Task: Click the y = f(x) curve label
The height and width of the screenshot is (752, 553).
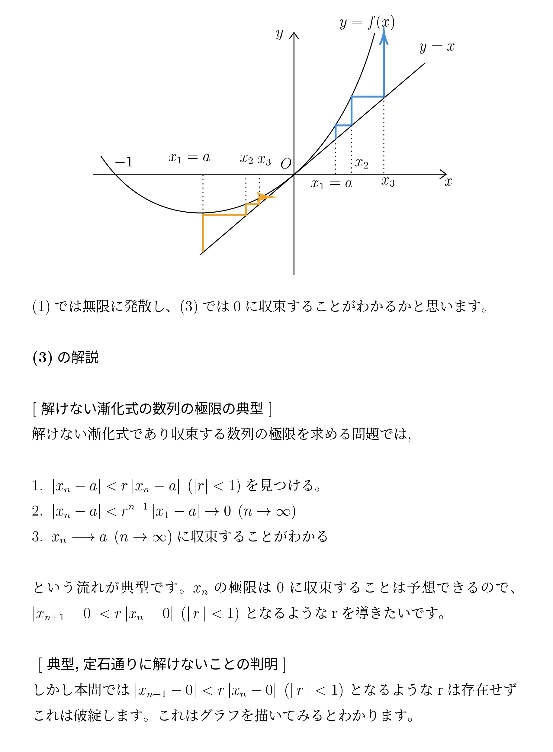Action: (x=367, y=23)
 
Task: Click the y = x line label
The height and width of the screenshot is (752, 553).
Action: (x=437, y=47)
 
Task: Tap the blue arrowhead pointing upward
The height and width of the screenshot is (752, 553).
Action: (x=384, y=36)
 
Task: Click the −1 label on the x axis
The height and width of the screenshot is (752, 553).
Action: (x=124, y=162)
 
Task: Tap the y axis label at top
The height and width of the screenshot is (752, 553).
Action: (x=279, y=34)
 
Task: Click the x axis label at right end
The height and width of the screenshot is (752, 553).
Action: (x=448, y=182)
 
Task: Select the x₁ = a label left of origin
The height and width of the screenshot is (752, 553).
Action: (x=189, y=157)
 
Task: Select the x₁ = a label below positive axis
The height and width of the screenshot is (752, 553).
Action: (x=331, y=183)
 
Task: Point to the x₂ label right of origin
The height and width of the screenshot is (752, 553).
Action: (x=362, y=163)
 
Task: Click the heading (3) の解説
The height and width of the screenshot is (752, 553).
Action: (x=66, y=357)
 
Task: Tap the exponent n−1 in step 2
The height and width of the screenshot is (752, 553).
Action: (x=138, y=506)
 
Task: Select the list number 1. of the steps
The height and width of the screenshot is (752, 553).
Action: (x=37, y=486)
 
